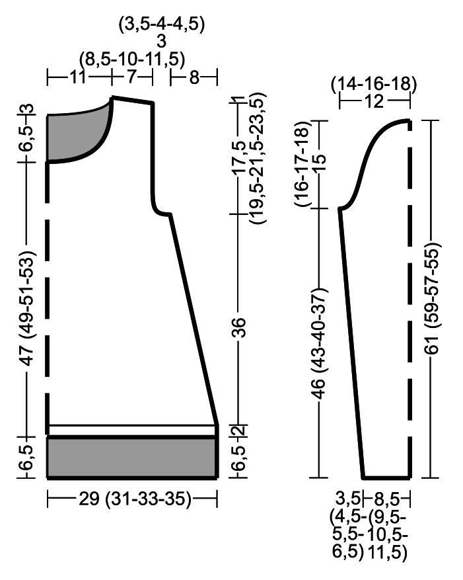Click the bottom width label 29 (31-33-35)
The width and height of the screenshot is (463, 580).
pos(135,499)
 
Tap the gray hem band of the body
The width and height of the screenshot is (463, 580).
pos(132,457)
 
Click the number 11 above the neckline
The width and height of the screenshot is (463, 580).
pos(77,77)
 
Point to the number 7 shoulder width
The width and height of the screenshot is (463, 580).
pos(132,77)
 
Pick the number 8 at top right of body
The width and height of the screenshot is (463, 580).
pos(194,77)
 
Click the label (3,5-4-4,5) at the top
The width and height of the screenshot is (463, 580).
pos(161,25)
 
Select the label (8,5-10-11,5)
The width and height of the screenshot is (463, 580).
pos(132,59)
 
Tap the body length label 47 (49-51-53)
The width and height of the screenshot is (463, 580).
pos(28,308)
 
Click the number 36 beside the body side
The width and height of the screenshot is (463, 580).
pos(239,327)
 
